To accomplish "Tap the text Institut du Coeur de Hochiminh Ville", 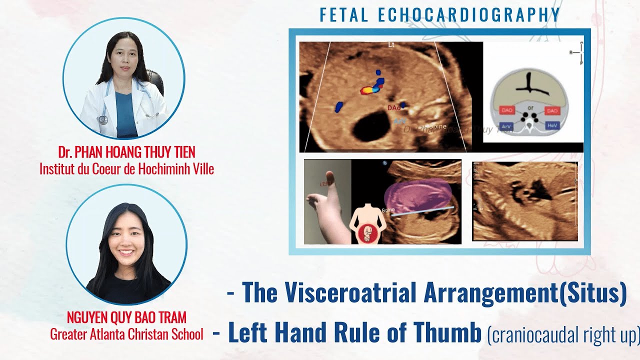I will tap(126, 169).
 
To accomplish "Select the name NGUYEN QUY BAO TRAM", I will tap(126, 317).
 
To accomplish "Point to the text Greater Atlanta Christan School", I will tap(126, 333).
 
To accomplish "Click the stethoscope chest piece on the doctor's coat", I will tap(103, 119).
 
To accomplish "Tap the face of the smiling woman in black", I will tap(126, 239).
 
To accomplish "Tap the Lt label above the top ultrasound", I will tap(391, 45).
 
